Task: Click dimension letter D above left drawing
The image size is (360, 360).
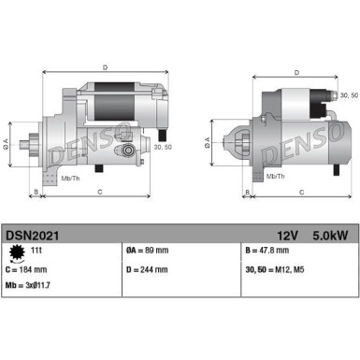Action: pos(105,66)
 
